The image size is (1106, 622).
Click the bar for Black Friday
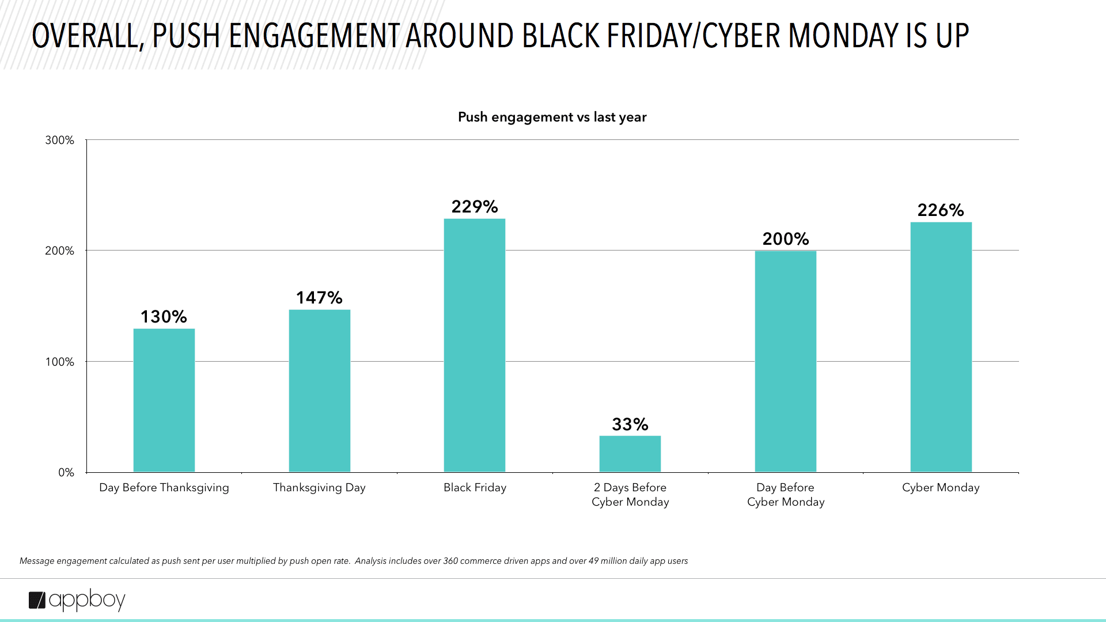coord(474,346)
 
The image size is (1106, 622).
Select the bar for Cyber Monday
coord(941,347)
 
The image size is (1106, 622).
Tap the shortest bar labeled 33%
coord(630,454)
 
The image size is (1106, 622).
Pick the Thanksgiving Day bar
coord(319,391)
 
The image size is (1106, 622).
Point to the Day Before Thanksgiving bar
coord(164,400)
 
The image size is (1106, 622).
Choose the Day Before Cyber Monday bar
coord(785,362)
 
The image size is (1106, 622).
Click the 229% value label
coord(474,207)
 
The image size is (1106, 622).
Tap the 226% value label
coord(941,210)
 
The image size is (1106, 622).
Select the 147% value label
coord(319,298)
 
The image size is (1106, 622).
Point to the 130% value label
coord(164,317)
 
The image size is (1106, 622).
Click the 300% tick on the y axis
coord(60,140)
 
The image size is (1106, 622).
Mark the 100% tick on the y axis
coord(60,362)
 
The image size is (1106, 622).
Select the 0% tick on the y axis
coord(66,472)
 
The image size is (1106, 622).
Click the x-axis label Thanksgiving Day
coord(319,488)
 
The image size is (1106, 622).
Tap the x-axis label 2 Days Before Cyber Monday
coord(630,495)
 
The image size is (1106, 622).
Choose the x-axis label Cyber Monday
coord(941,488)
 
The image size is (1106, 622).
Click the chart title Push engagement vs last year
coord(552,117)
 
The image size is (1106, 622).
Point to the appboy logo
coord(77,600)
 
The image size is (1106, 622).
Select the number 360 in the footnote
coord(450,561)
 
